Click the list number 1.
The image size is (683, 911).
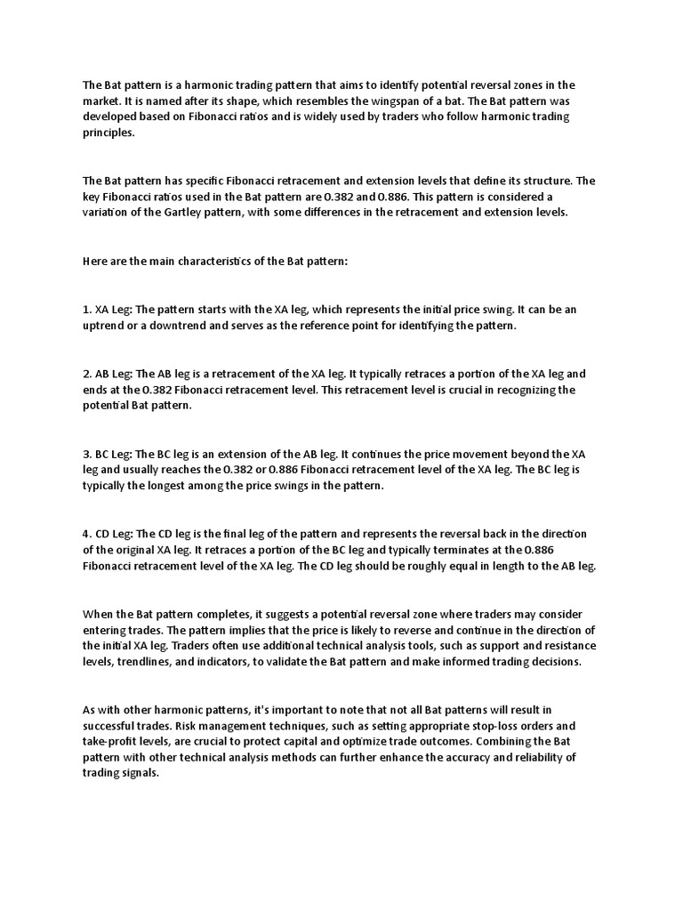pyautogui.click(x=86, y=310)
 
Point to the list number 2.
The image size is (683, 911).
pyautogui.click(x=86, y=374)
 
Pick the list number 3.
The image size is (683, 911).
pyautogui.click(x=86, y=454)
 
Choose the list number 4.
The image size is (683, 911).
pyautogui.click(x=86, y=534)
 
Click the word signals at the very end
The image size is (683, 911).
pyautogui.click(x=138, y=774)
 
